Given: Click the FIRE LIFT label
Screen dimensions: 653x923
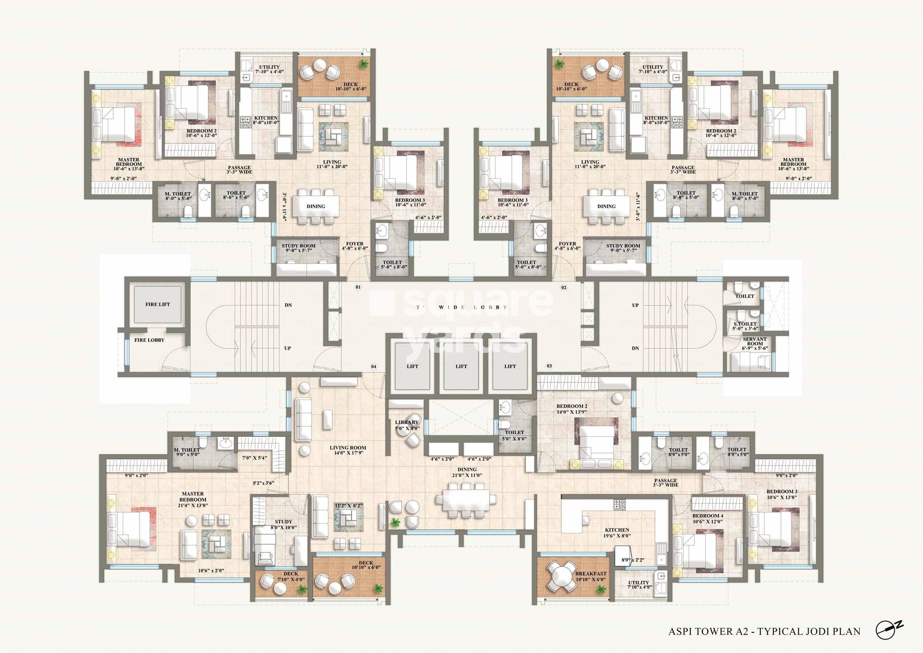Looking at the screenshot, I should tap(158, 304).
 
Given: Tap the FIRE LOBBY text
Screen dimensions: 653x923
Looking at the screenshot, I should tap(149, 340).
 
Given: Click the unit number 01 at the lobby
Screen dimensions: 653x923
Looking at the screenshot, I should tap(358, 287).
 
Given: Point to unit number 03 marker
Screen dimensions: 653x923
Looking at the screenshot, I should tap(549, 366).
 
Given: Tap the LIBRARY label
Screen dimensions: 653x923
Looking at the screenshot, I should tap(407, 422).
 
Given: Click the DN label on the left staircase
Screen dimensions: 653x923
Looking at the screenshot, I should tap(288, 305).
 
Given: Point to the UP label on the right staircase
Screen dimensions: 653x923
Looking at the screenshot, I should tap(635, 305).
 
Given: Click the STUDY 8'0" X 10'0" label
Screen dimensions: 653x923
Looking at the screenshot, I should tap(283, 524).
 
